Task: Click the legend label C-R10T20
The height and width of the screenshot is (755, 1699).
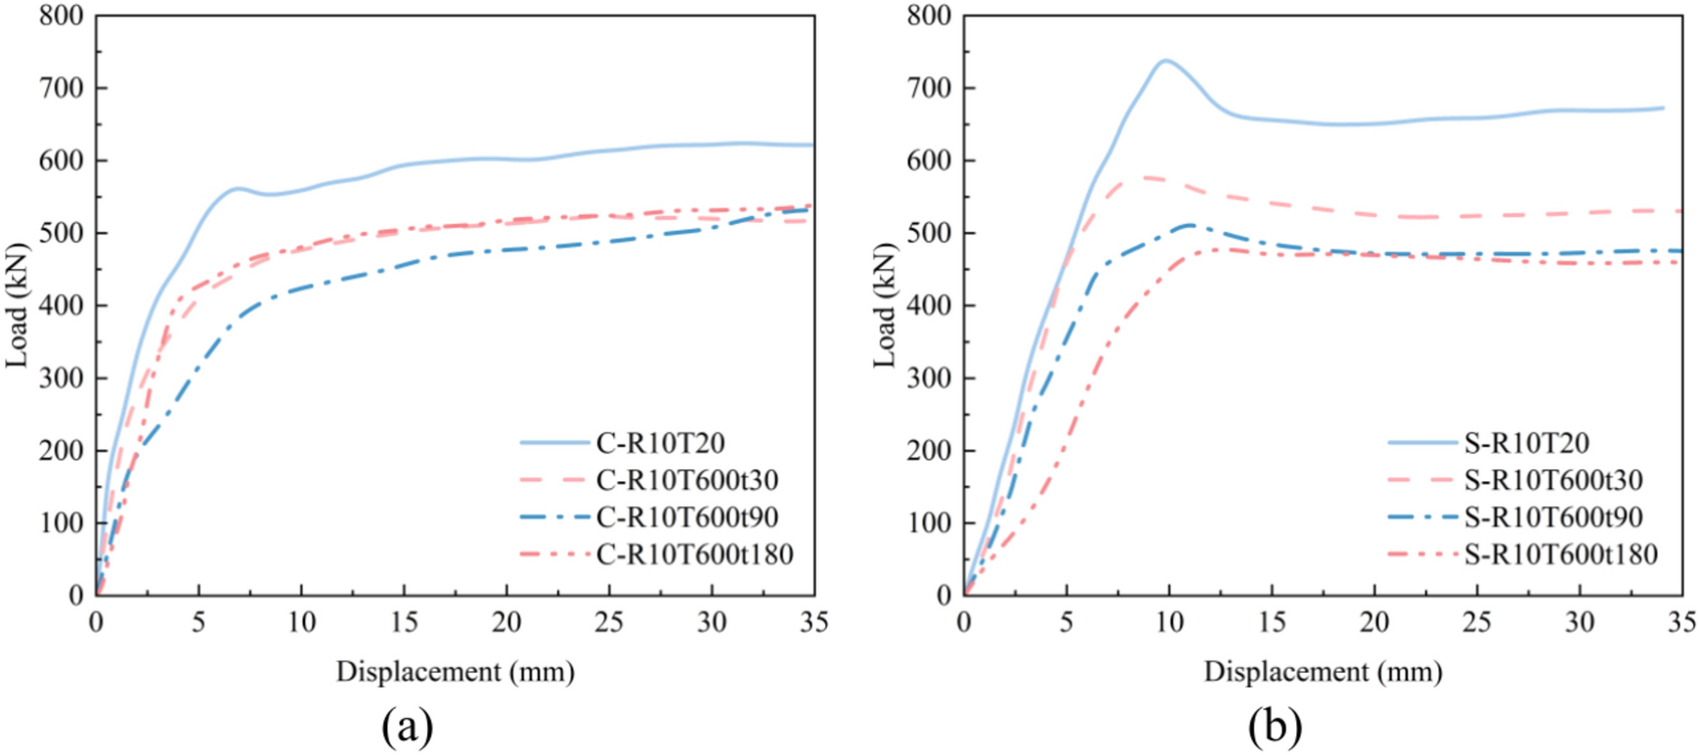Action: (x=661, y=443)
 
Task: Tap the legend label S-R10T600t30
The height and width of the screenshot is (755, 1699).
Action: (x=1553, y=480)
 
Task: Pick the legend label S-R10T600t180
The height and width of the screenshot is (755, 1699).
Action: (x=1561, y=555)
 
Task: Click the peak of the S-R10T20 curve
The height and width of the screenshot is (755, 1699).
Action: (x=1165, y=61)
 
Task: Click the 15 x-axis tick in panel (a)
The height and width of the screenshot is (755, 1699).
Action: (x=404, y=622)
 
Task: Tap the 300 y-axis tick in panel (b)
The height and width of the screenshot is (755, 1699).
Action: (x=931, y=377)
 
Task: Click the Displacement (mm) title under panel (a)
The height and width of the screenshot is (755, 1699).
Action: (x=455, y=672)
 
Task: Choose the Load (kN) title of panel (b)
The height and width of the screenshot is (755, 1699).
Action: (x=885, y=305)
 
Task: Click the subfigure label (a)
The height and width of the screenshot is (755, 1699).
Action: (x=407, y=727)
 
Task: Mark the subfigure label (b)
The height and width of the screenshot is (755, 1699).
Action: (x=1275, y=727)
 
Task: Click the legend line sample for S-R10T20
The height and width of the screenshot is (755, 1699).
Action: (x=1423, y=443)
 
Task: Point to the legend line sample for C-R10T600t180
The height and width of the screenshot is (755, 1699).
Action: (x=555, y=555)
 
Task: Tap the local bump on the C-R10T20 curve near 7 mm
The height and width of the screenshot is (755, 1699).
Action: (x=239, y=188)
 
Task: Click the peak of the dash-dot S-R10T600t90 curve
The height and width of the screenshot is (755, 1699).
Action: (x=1189, y=225)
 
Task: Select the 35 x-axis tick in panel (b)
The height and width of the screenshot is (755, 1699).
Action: (x=1681, y=622)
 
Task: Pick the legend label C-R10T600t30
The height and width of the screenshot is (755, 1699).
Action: (x=687, y=480)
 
